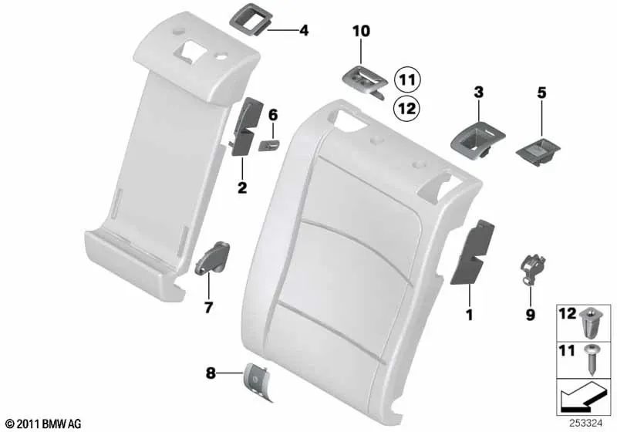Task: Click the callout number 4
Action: coord(304,31)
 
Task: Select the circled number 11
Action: coord(406,79)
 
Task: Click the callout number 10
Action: coord(362,31)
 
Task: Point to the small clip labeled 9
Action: coord(529,269)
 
